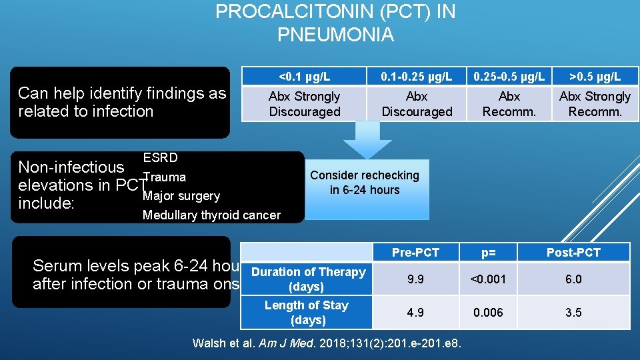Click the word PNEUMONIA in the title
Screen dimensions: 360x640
335,34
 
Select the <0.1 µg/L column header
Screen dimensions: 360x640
304,76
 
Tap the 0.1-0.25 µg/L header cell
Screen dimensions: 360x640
417,76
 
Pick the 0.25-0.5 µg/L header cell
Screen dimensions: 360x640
509,76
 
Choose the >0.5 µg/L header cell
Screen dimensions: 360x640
595,76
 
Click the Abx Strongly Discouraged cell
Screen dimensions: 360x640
304,104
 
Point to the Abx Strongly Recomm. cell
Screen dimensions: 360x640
595,104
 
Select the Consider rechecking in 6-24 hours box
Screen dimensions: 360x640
365,183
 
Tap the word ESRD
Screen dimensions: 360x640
160,158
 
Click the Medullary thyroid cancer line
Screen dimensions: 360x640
211,215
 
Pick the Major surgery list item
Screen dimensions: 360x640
181,196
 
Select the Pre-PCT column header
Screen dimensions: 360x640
415,252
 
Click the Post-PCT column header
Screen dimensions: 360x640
573,252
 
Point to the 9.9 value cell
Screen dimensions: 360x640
415,279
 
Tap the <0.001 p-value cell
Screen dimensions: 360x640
489,279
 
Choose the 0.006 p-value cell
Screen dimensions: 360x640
489,313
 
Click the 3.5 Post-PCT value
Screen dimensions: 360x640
573,313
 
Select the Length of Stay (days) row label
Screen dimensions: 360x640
307,313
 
